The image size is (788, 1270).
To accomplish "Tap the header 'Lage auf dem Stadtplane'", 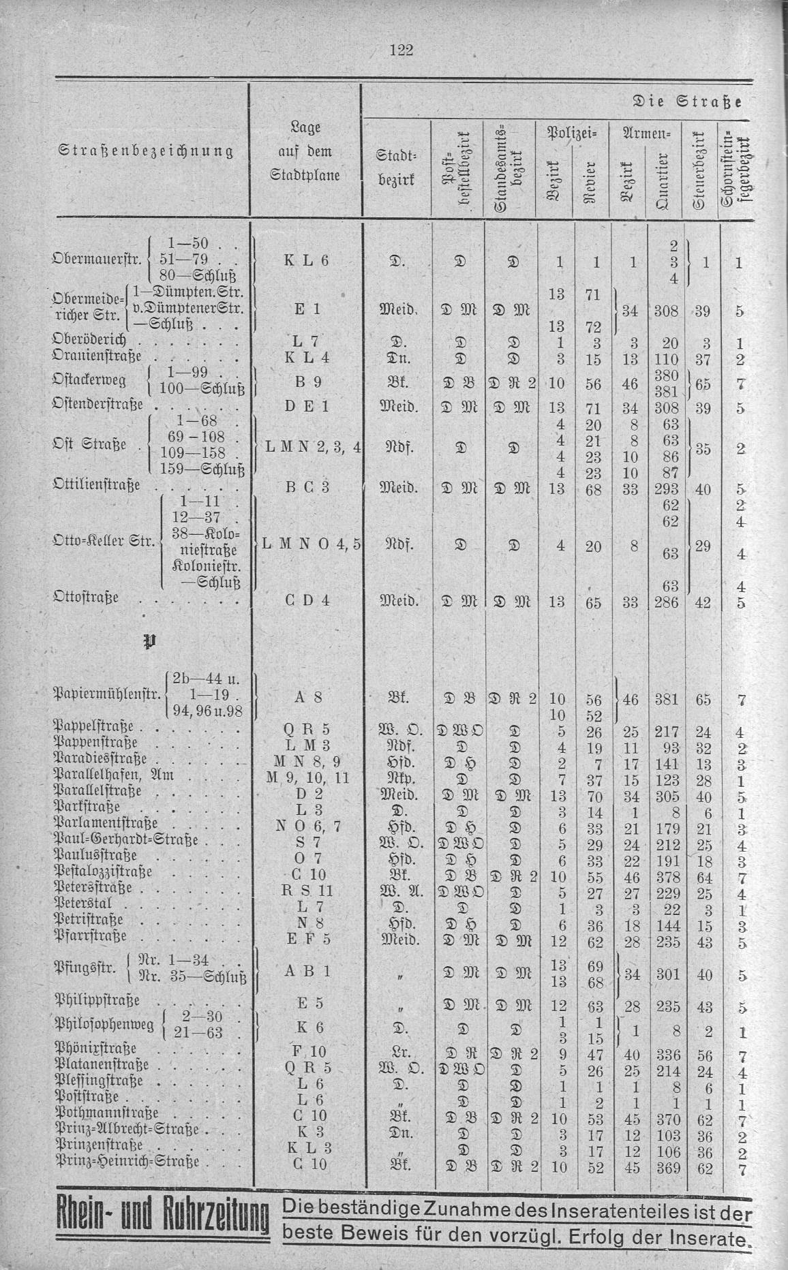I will tap(305, 151).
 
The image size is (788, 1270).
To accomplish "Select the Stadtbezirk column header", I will tap(392, 168).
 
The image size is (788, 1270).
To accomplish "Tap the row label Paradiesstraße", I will tap(102, 759).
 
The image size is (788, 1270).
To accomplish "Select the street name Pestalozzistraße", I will tap(104, 872).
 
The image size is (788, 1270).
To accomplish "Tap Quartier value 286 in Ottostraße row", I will tap(670, 602).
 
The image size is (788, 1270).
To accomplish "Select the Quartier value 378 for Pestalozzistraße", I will tap(669, 873).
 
